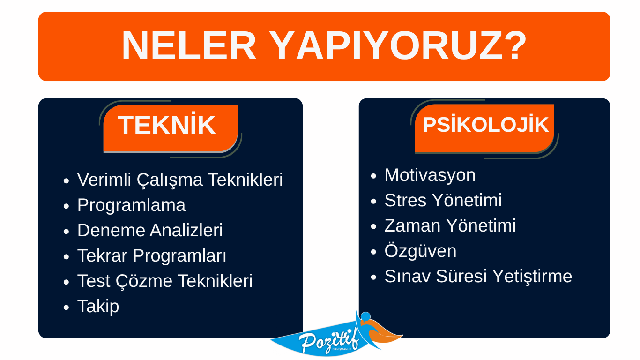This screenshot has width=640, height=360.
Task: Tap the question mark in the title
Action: [x=514, y=46]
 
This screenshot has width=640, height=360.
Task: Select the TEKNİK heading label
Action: [x=167, y=125]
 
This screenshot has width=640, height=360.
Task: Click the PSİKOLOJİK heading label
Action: [x=486, y=125]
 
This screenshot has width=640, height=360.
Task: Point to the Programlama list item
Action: [x=132, y=205]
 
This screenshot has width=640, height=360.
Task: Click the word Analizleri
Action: [x=186, y=230]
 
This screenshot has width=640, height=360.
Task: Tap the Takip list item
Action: [x=98, y=306]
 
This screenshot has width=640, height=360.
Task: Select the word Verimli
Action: [x=104, y=180]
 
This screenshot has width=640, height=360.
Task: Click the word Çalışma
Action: [x=170, y=180]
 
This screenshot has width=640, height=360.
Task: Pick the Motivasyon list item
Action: [x=430, y=175]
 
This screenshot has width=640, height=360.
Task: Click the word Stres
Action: [x=406, y=200]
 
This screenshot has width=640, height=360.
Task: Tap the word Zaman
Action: [x=413, y=225]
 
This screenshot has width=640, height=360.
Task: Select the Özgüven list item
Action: [x=420, y=251]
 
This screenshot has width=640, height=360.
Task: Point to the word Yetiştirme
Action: [x=533, y=277]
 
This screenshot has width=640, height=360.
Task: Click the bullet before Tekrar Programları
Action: [x=66, y=256]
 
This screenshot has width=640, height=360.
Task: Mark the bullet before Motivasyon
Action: [x=373, y=176]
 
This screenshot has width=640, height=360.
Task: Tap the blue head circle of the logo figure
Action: [x=366, y=316]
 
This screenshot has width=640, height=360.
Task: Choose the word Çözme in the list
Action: [x=144, y=281]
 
